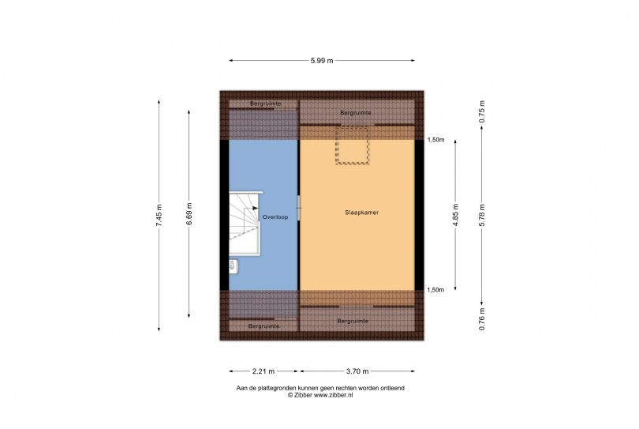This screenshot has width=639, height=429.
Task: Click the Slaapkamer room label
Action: coord(361,213)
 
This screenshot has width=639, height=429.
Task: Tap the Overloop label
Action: coord(275,217)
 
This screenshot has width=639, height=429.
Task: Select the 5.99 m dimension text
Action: coord(322,60)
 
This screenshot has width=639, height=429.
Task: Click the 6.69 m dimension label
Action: coord(189,213)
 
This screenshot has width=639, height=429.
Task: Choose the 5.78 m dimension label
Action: coord(482,215)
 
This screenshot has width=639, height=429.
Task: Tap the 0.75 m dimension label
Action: coord(482,111)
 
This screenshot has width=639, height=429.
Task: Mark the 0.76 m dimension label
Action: coord(482,319)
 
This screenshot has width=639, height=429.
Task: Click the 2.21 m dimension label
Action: coord(263,371)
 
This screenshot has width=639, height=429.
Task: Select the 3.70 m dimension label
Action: coord(357,371)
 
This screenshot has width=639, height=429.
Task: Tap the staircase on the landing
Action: coord(245,223)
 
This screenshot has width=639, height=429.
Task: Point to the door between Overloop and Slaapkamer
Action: coord(299,208)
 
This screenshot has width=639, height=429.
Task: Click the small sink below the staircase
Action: coord(234,266)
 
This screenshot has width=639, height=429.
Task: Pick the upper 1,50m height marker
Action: coord(435,140)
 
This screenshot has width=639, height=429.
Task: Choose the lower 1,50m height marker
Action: coord(435,290)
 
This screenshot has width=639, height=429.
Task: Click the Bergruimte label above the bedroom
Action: coord(356,112)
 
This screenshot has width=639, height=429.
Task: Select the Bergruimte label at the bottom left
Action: coord(263,326)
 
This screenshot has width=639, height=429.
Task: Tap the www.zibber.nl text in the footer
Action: coord(334,395)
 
